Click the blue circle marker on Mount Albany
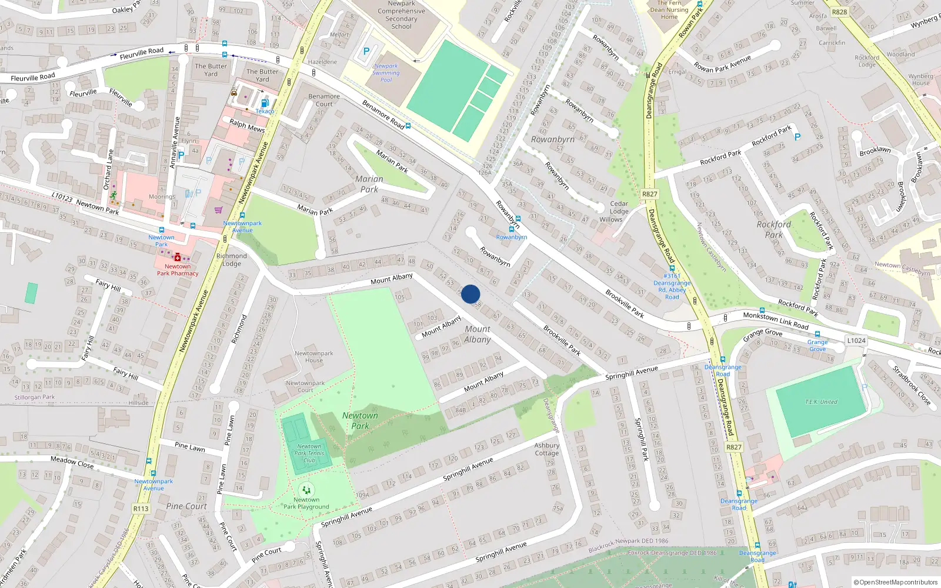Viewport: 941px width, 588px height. (x=470, y=294)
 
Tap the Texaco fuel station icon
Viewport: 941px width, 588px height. (x=265, y=103)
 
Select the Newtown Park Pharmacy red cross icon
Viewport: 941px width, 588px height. (x=177, y=257)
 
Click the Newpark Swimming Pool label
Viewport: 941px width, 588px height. (x=386, y=73)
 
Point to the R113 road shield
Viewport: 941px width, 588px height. (x=141, y=509)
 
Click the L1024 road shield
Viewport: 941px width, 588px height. (x=856, y=340)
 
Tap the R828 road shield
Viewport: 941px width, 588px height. (x=840, y=12)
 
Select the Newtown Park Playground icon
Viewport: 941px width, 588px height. (x=306, y=489)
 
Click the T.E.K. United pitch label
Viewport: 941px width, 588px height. (x=821, y=402)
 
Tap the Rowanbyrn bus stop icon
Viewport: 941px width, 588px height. (x=511, y=229)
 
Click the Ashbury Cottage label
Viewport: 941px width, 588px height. (x=546, y=449)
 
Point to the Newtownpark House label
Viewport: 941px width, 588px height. (x=313, y=357)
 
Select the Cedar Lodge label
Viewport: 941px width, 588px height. (x=619, y=208)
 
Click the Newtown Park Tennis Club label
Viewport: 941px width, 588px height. (x=309, y=453)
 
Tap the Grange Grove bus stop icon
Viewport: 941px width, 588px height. (x=817, y=334)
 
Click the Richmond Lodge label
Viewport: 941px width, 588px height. (x=232, y=259)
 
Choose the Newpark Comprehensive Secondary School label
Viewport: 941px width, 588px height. (x=401, y=15)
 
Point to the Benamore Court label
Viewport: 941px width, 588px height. (x=324, y=100)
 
